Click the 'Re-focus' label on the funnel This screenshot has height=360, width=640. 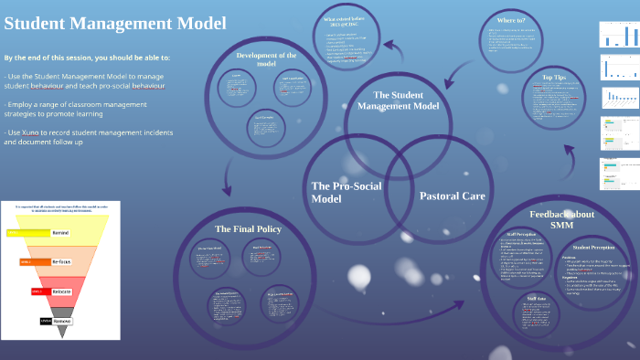click(61, 262)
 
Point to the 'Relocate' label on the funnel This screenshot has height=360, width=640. click(61, 291)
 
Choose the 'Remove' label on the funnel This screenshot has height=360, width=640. click(61, 321)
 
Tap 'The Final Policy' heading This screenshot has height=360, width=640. click(248, 228)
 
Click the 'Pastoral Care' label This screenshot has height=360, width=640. click(452, 196)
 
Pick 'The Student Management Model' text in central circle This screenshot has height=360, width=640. click(398, 101)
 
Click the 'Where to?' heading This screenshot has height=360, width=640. click(510, 19)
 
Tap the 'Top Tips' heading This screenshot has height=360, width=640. click(554, 78)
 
